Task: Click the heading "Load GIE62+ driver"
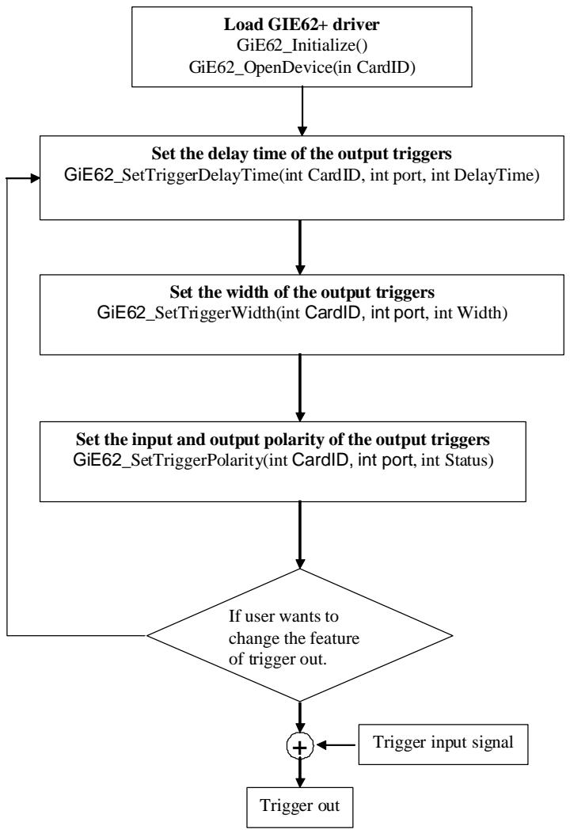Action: pyautogui.click(x=301, y=24)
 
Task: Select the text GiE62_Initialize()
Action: pyautogui.click(x=302, y=45)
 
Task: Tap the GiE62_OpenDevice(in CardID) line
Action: pyautogui.click(x=302, y=67)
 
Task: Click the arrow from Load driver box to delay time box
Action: pyautogui.click(x=302, y=111)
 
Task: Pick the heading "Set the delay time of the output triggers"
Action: pyautogui.click(x=302, y=154)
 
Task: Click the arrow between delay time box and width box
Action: pyautogui.click(x=300, y=247)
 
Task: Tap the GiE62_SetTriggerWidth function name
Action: pyautogui.click(x=186, y=313)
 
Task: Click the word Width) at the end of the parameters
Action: pyautogui.click(x=482, y=313)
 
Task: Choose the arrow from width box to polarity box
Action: pyautogui.click(x=300, y=388)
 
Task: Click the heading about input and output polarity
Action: pyautogui.click(x=283, y=439)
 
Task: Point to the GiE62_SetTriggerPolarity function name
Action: pyautogui.click(x=169, y=460)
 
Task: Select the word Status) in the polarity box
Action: pyautogui.click(x=469, y=460)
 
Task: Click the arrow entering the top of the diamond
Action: pyautogui.click(x=300, y=535)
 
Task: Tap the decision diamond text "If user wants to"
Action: pyautogui.click(x=283, y=616)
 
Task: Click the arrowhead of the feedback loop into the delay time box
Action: pyautogui.click(x=36, y=178)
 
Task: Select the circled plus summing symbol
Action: pyautogui.click(x=300, y=746)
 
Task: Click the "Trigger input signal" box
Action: pyautogui.click(x=443, y=744)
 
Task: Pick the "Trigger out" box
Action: pyautogui.click(x=300, y=808)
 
